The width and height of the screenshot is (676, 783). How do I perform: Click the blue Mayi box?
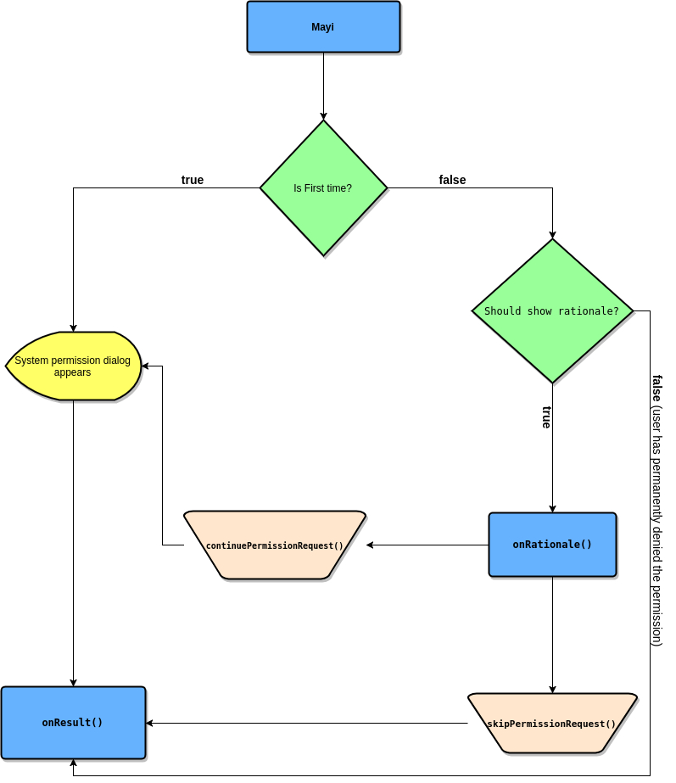[x=323, y=26]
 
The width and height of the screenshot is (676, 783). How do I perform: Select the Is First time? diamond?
[x=323, y=187]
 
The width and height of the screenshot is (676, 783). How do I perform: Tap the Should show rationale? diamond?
[x=552, y=310]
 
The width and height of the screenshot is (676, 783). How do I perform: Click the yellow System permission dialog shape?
[x=74, y=366]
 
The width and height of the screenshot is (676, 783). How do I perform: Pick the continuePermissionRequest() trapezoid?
[x=275, y=545]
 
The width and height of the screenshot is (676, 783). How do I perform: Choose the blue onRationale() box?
[x=552, y=545]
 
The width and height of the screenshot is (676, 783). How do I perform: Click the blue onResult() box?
[x=73, y=723]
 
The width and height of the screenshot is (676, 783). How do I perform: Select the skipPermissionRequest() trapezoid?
[x=552, y=723]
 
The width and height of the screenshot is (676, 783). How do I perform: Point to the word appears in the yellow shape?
[x=72, y=372]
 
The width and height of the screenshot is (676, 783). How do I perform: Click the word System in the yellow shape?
[x=31, y=361]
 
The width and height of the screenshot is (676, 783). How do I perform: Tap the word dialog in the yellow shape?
[x=115, y=361]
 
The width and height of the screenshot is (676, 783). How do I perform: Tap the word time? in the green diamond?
[x=339, y=188]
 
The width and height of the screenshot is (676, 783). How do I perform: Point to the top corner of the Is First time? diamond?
[x=323, y=122]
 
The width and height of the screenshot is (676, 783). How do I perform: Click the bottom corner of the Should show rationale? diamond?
[x=552, y=381]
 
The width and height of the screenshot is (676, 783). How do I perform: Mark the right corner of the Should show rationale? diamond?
[x=631, y=310]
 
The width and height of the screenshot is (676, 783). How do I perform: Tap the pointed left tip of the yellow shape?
[x=8, y=366]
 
